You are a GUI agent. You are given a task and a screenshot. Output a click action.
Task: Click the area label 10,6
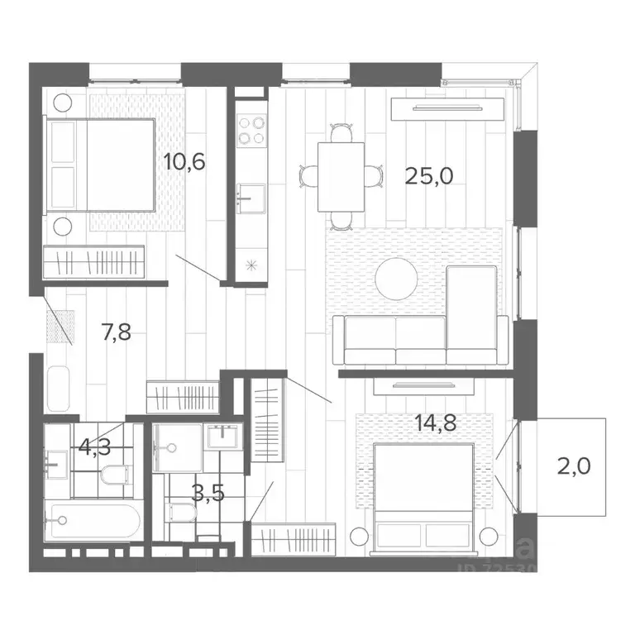tap(184, 160)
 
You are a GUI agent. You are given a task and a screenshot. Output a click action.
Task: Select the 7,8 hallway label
tap(115, 334)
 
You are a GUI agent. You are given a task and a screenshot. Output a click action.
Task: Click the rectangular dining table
tap(341, 176)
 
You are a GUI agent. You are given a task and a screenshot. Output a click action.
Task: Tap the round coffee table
tap(397, 279)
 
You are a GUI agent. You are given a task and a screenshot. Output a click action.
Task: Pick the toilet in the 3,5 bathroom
tap(180, 512)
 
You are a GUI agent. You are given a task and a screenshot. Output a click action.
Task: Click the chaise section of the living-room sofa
tap(472, 314)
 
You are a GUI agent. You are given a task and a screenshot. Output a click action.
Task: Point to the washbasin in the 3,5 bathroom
tap(222, 436)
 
